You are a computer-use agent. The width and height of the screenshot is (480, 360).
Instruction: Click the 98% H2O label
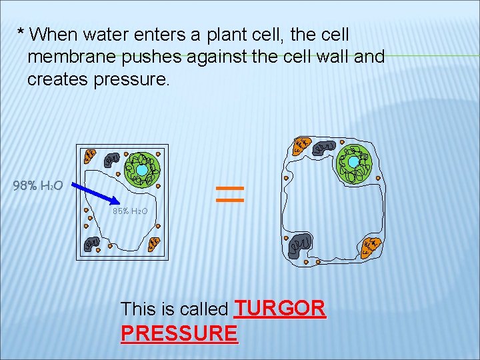coord(38,186)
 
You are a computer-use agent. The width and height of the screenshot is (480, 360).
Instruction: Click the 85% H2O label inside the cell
coord(130,211)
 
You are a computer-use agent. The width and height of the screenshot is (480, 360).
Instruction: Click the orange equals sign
coord(231,193)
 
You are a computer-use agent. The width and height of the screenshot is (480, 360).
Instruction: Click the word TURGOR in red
coord(281,308)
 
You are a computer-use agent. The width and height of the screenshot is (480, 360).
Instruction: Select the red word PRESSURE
coord(179,333)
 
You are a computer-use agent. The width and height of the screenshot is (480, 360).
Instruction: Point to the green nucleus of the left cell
coord(143,170)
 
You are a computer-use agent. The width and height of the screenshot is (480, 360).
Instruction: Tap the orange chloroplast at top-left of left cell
coord(90,157)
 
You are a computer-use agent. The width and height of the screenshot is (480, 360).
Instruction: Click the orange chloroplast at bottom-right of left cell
coord(153,244)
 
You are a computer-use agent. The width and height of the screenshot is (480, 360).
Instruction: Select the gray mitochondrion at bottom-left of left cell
coord(91,243)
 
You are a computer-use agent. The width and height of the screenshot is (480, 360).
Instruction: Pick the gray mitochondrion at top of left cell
coord(111,159)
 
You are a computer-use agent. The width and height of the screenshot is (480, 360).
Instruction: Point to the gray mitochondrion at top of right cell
coord(324,147)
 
